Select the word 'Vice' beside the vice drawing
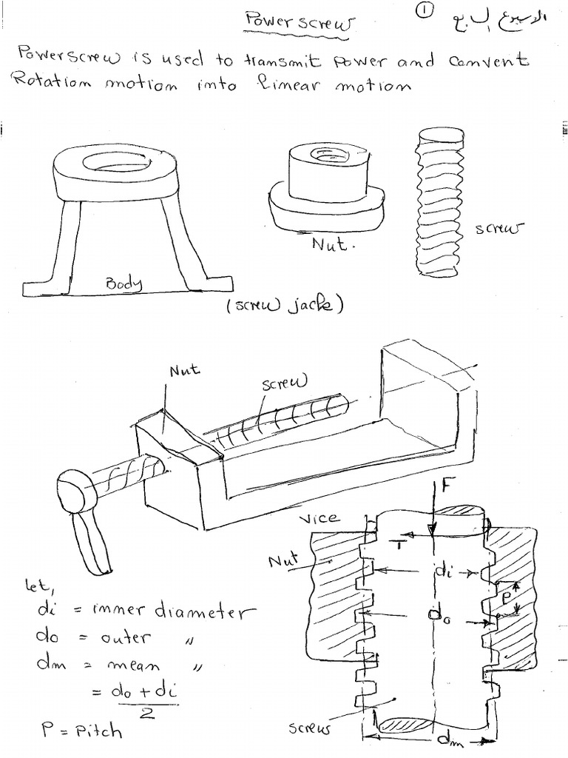pyautogui.click(x=320, y=519)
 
